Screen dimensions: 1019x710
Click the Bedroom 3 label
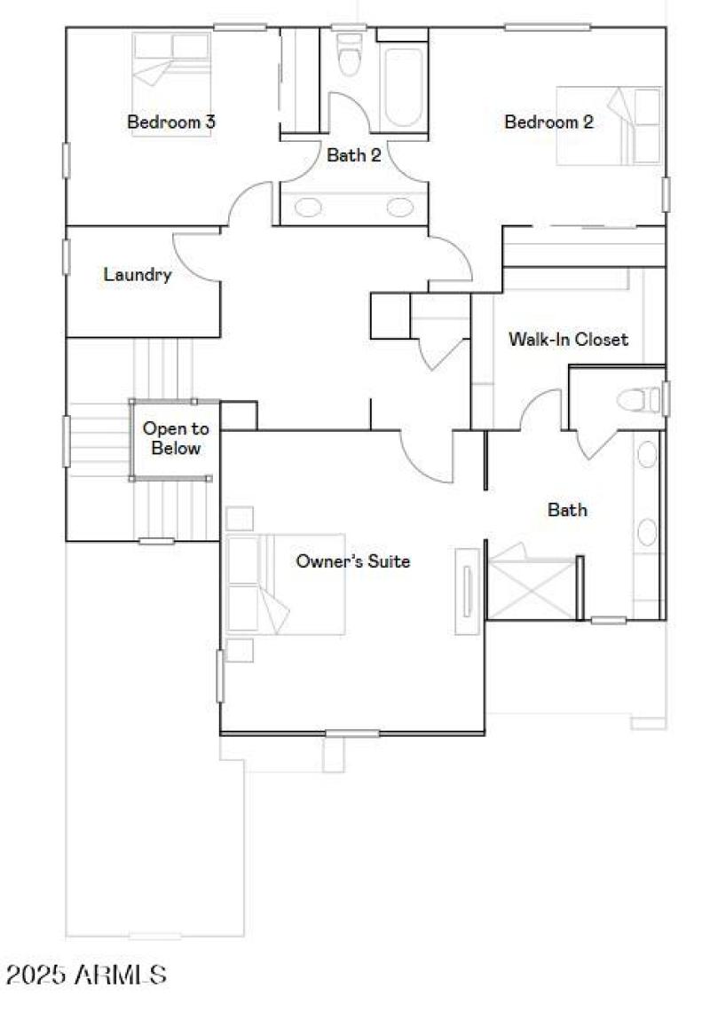tap(171, 122)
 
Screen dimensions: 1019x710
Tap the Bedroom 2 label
tap(548, 122)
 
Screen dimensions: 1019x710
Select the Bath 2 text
tap(354, 155)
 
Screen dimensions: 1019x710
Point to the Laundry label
tap(138, 275)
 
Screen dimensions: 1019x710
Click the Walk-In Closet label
tap(568, 339)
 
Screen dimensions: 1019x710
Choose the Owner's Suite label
tap(352, 561)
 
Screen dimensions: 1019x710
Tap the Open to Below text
tap(176, 439)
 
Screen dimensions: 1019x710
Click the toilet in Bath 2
tap(351, 55)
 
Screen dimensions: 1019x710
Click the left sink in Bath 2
tap(308, 208)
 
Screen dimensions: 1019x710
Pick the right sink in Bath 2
tap(400, 208)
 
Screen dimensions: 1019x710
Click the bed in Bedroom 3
tap(171, 71)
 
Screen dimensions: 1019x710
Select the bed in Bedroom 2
tap(609, 125)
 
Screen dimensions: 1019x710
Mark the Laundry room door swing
tap(195, 258)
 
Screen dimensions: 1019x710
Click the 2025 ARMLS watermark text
tap(86, 976)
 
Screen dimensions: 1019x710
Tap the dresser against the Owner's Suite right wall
tap(467, 592)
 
